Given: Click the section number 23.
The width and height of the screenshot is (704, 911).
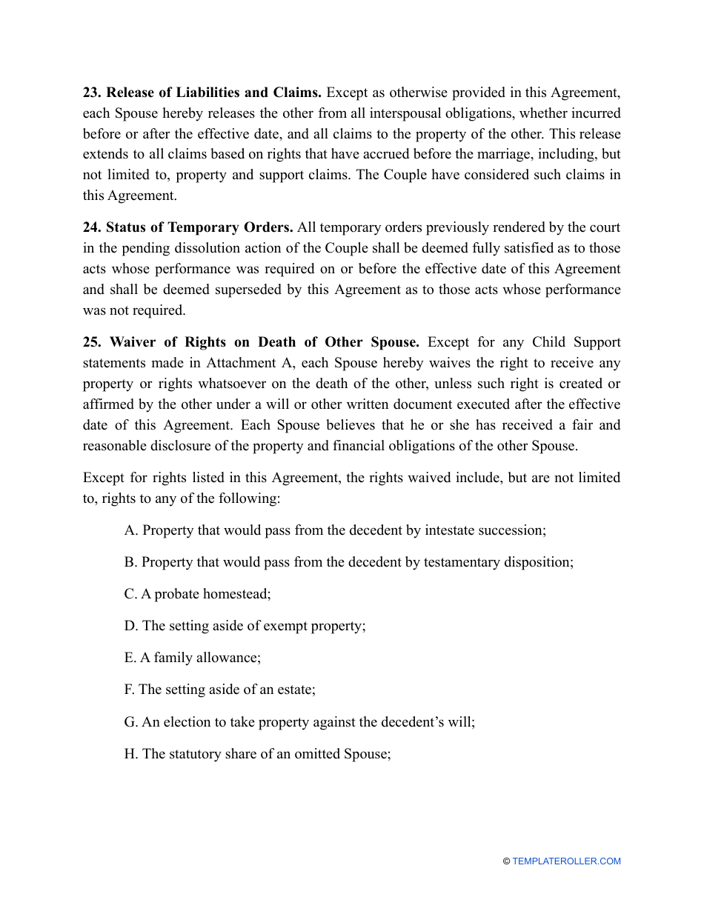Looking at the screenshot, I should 92,93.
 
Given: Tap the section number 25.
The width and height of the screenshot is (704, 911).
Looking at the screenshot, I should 92,342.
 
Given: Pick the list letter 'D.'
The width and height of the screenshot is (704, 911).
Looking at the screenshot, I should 131,626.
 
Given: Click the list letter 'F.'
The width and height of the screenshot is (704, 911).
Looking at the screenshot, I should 130,690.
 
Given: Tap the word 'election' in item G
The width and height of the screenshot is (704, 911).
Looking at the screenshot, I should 184,721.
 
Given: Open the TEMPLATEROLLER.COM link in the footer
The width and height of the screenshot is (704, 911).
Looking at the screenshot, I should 566,861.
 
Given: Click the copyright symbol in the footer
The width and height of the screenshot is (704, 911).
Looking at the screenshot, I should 506,861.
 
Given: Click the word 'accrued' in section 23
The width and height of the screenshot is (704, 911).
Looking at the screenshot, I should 379,155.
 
